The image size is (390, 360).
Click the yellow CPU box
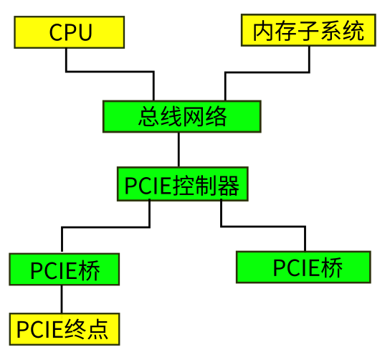(70, 32)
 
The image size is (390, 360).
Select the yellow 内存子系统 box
(308, 31)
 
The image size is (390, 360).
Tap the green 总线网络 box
(182, 116)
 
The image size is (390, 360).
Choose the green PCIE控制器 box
(183, 184)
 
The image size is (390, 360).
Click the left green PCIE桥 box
(64, 269)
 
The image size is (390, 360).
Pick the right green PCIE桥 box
(303, 267)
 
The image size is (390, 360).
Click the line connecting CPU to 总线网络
(108, 72)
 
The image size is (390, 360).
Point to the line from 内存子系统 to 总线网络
(265, 72)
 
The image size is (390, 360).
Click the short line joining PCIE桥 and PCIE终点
(62, 298)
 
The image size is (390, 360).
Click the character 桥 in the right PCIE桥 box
(332, 268)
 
